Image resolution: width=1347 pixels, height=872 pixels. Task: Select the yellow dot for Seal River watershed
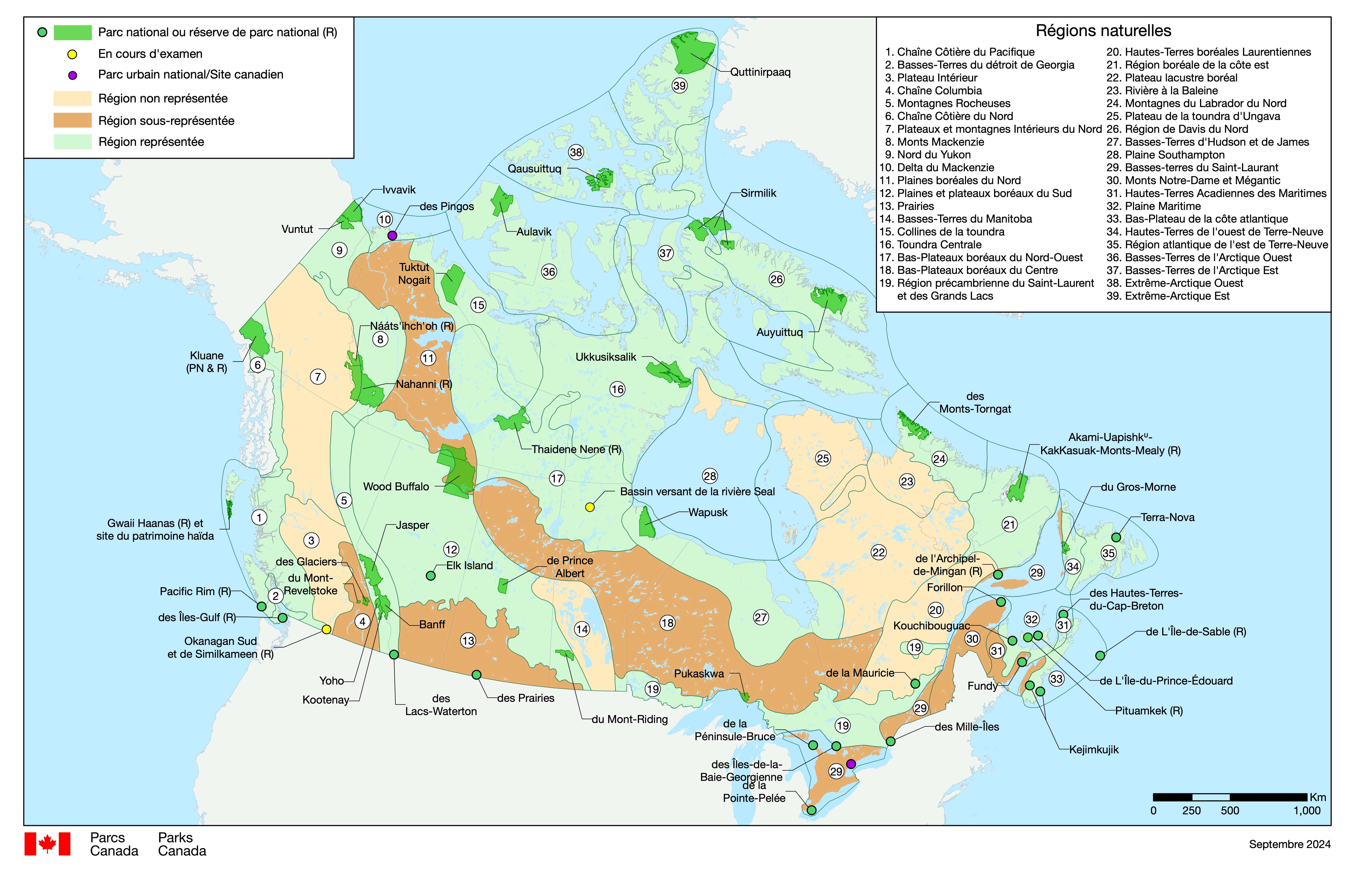coord(590,507)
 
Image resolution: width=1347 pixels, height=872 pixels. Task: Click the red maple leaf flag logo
coord(48,844)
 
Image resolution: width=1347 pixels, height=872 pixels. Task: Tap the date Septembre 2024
coord(1289,844)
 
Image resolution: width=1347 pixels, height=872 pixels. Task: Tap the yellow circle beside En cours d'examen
coord(73,54)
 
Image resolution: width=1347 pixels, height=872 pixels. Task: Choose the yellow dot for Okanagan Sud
coord(326,629)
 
